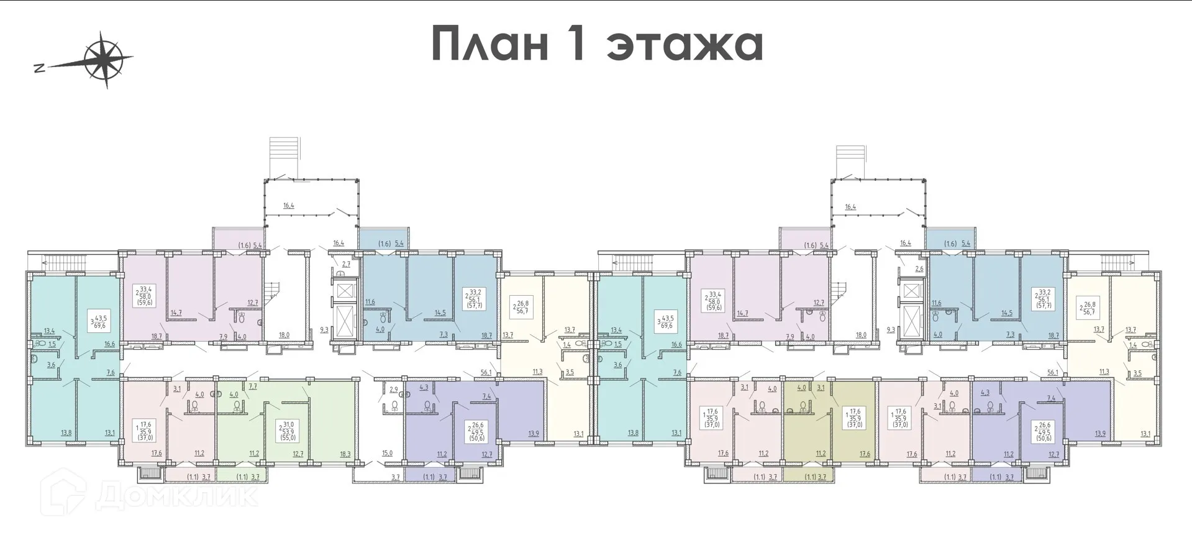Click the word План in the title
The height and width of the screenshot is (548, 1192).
(491, 43)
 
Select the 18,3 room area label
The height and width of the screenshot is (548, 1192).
(344, 454)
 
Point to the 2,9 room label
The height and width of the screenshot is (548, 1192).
(394, 390)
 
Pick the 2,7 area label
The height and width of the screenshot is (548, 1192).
(347, 264)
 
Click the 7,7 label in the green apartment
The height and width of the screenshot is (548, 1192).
(252, 386)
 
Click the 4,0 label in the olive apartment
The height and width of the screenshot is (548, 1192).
(801, 388)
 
